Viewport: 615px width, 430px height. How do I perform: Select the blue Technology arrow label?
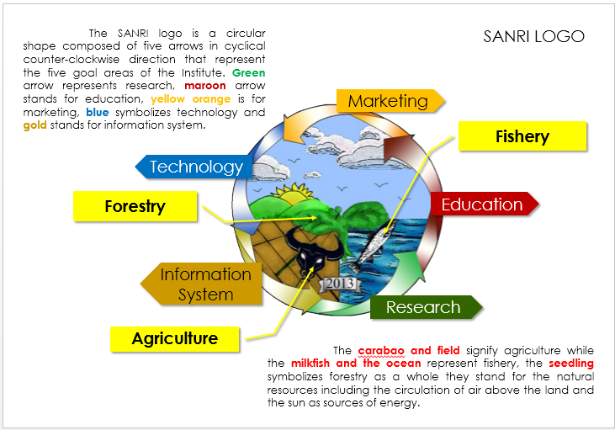pos(194,167)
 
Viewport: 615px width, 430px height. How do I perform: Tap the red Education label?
pos(485,204)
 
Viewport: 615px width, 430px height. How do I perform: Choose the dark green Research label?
pos(427,307)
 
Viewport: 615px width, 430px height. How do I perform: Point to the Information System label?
pos(201,284)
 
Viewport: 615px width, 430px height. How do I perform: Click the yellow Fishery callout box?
pos(522,136)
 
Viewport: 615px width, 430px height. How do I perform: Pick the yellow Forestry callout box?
pos(135,206)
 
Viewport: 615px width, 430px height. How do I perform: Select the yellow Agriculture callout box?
pos(174,339)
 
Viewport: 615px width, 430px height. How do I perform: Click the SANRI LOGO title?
pos(533,36)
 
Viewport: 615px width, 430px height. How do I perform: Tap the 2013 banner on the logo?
pos(340,284)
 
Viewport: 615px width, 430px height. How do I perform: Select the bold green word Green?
pos(249,73)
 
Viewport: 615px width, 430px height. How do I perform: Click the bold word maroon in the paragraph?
pos(205,86)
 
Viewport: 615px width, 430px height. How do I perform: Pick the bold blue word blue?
pos(98,113)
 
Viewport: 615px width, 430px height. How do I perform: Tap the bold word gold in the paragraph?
pos(34,125)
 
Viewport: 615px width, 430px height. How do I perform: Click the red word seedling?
pos(571,364)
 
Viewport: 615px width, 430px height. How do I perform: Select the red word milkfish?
pos(310,364)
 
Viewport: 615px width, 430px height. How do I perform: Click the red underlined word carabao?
pos(381,351)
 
